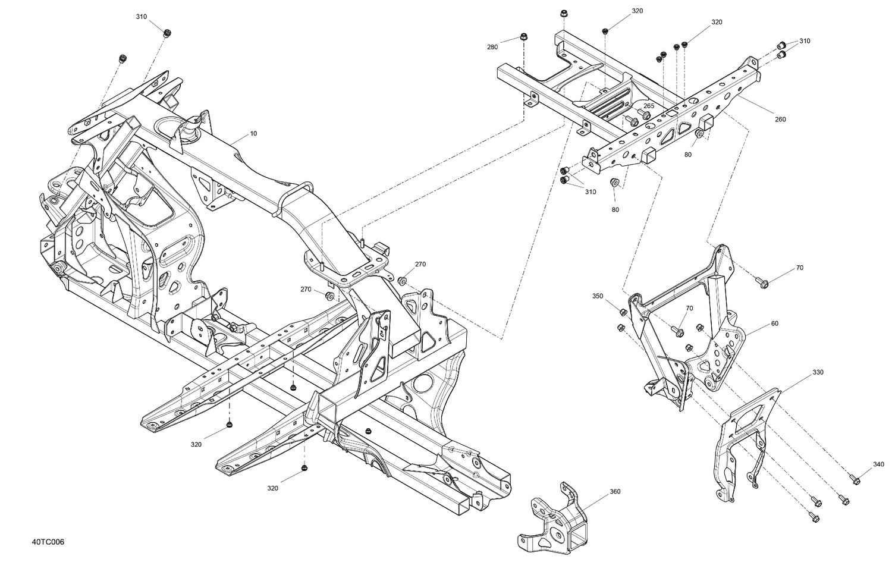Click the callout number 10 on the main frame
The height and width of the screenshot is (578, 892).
coord(253,134)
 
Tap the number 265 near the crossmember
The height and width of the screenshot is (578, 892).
coord(649,106)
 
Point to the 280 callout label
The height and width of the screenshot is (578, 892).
coord(492,47)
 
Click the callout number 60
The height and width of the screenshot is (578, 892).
coord(774,323)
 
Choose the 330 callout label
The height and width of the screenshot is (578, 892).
coord(818,372)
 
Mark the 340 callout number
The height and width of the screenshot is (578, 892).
coord(878,464)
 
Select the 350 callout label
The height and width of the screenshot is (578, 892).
coord(598,296)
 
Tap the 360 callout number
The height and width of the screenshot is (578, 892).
coord(615,492)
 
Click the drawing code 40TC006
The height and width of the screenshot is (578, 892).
coord(48,542)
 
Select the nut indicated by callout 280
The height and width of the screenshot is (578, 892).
coord(524,37)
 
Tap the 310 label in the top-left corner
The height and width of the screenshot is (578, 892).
coord(141,17)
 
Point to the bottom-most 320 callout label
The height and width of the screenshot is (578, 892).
coord(272,488)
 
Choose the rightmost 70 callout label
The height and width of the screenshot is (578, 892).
coord(799,268)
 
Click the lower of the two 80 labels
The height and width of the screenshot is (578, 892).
coord(615,209)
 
